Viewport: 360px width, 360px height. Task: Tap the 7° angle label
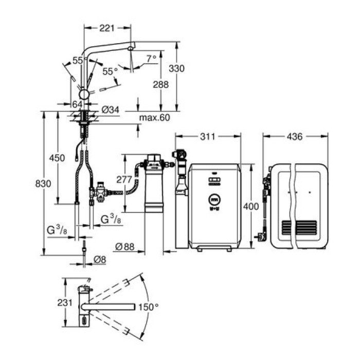pyautogui.click(x=151, y=59)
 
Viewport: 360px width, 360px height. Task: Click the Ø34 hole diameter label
pyautogui.click(x=111, y=109)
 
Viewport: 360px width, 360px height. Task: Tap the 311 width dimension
pyautogui.click(x=207, y=137)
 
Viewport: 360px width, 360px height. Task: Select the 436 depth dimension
pyautogui.click(x=294, y=137)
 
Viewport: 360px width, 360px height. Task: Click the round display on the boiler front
pyautogui.click(x=213, y=199)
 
